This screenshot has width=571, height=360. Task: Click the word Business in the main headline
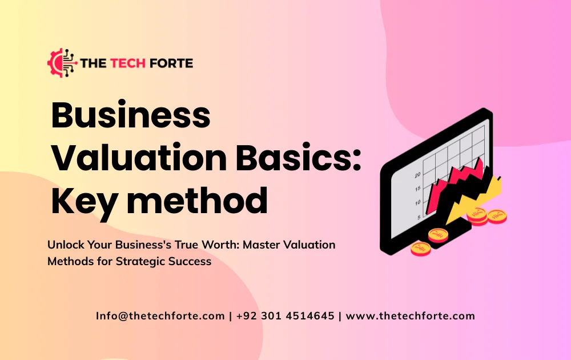point(131,115)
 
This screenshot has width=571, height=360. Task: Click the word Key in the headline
point(81,201)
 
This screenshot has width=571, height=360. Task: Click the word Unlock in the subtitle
point(66,245)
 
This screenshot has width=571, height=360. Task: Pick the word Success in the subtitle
point(192,262)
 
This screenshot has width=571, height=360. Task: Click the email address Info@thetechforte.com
point(160,316)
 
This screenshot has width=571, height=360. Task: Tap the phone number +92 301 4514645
point(285,316)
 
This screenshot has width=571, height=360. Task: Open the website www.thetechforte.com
point(411,316)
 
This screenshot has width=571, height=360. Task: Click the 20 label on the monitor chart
point(417,175)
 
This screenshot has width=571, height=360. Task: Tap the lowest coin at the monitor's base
point(421,247)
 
